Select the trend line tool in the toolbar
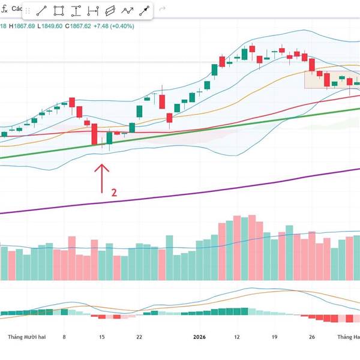41,11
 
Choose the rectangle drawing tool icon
59,11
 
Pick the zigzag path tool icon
128,11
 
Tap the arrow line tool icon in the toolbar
145,11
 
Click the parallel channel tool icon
110,11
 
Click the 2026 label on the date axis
199,338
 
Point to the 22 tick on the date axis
140,338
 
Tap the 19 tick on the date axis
274,338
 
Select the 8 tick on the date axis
64,338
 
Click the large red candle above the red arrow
94,133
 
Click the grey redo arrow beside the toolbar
162,11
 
